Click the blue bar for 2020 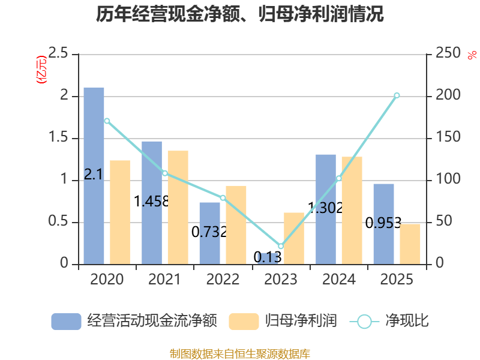pyautogui.click(x=94, y=176)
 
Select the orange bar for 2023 pyautogui.click(x=294, y=238)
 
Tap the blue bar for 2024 pyautogui.click(x=326, y=209)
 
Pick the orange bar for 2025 pyautogui.click(x=410, y=244)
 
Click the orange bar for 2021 pyautogui.click(x=178, y=208)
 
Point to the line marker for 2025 pyautogui.click(x=397, y=95)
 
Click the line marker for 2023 pyautogui.click(x=281, y=246)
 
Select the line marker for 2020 pyautogui.click(x=107, y=121)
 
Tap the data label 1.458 pyautogui.click(x=152, y=202)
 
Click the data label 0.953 pyautogui.click(x=383, y=223)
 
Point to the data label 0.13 pyautogui.click(x=268, y=257)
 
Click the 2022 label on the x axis pyautogui.click(x=223, y=279)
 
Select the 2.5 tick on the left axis pyautogui.click(x=58, y=53)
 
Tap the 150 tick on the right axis pyautogui.click(x=448, y=137)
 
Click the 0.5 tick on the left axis pyautogui.click(x=58, y=221)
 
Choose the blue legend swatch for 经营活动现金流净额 pyautogui.click(x=66, y=322)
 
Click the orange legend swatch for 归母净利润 pyautogui.click(x=244, y=322)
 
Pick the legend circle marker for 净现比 pyautogui.click(x=364, y=322)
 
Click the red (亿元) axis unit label pyautogui.click(x=41, y=70)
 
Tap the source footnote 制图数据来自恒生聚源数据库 pyautogui.click(x=240, y=353)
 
